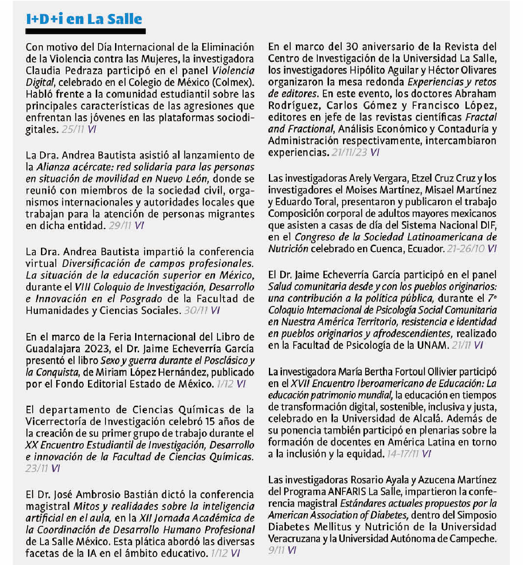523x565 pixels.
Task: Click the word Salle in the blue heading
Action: pyautogui.click(x=126, y=19)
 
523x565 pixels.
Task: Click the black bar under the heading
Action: pyautogui.click(x=85, y=32)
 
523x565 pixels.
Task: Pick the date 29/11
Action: pyautogui.click(x=120, y=226)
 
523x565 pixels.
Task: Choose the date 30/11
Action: pyautogui.click(x=196, y=311)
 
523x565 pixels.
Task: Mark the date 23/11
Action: pyautogui.click(x=37, y=469)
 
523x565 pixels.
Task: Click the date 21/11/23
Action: pyautogui.click(x=349, y=153)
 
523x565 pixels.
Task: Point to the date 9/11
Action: pyautogui.click(x=276, y=550)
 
